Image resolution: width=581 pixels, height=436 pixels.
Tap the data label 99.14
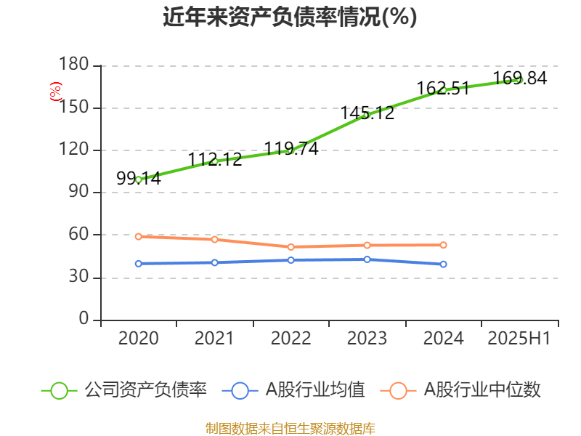point(139,178)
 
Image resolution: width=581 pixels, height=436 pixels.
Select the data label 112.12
point(215,159)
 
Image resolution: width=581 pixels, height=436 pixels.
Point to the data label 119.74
point(291,148)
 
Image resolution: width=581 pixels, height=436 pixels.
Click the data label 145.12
point(367,113)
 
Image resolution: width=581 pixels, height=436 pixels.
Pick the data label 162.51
point(443,89)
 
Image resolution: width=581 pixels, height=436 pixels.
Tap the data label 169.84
point(519,78)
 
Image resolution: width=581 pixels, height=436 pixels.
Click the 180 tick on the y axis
point(76,66)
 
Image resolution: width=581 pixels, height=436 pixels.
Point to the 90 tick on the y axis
point(80,193)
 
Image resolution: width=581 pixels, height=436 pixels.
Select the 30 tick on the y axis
point(80,278)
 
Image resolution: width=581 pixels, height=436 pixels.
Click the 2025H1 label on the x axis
point(519,338)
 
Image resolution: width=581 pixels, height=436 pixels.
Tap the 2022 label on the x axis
point(291,338)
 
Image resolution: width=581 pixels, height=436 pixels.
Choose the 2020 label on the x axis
point(139,338)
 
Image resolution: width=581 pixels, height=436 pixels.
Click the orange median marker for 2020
point(139,236)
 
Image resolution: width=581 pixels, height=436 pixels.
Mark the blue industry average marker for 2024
point(443,265)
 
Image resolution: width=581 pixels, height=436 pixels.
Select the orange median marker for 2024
point(443,245)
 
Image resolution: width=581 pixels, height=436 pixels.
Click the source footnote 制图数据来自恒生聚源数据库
point(290,428)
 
